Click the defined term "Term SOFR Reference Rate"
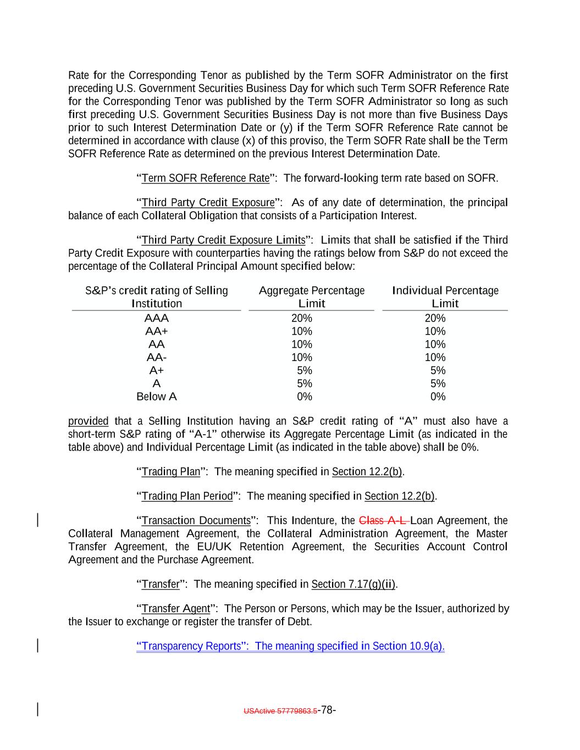pos(206,179)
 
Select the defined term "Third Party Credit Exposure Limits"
pos(223,240)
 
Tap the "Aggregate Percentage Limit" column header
pos(312,297)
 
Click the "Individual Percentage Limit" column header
pos(445,297)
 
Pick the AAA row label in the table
pos(157,318)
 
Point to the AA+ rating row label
pos(157,331)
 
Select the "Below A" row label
pos(157,397)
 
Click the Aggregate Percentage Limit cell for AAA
pos(302,318)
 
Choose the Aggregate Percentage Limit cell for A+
pos(304,370)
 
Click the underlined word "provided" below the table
pos(88,421)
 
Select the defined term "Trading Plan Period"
pos(187,496)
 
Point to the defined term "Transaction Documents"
pos(196,520)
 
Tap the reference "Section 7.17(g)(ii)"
pos(353,584)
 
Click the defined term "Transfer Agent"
pos(175,609)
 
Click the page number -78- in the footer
pos(327,710)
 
